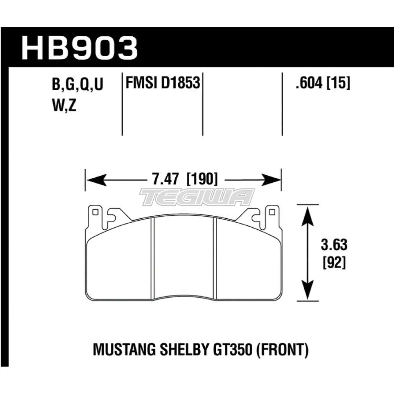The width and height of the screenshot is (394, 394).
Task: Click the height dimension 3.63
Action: (x=335, y=245)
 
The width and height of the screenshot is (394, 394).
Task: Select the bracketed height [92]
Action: (x=335, y=262)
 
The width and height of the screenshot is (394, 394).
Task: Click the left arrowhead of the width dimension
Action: (x=91, y=180)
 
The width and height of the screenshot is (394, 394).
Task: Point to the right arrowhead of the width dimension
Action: (x=275, y=180)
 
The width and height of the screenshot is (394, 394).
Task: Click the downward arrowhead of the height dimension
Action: (x=307, y=294)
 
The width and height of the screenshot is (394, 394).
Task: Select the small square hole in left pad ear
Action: (x=95, y=213)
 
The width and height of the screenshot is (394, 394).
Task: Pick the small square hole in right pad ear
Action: (x=271, y=213)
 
